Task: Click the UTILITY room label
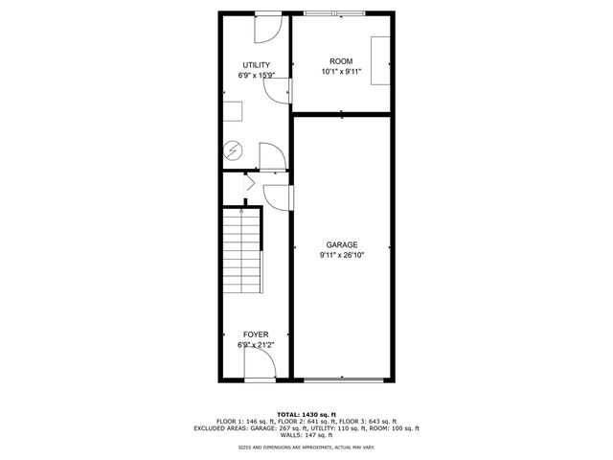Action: (256, 64)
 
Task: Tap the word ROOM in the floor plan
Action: (341, 60)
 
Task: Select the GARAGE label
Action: (341, 245)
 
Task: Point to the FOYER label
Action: (256, 334)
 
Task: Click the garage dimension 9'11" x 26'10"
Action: (341, 255)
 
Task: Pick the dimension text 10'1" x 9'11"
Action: (341, 71)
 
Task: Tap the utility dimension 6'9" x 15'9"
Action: (256, 75)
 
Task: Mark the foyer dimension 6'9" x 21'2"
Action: (256, 345)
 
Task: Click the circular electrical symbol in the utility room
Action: (233, 149)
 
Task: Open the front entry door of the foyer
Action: (261, 365)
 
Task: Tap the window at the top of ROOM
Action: (335, 13)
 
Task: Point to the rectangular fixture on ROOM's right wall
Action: (381, 63)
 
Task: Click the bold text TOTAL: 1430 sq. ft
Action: (306, 414)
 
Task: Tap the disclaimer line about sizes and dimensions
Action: (306, 448)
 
